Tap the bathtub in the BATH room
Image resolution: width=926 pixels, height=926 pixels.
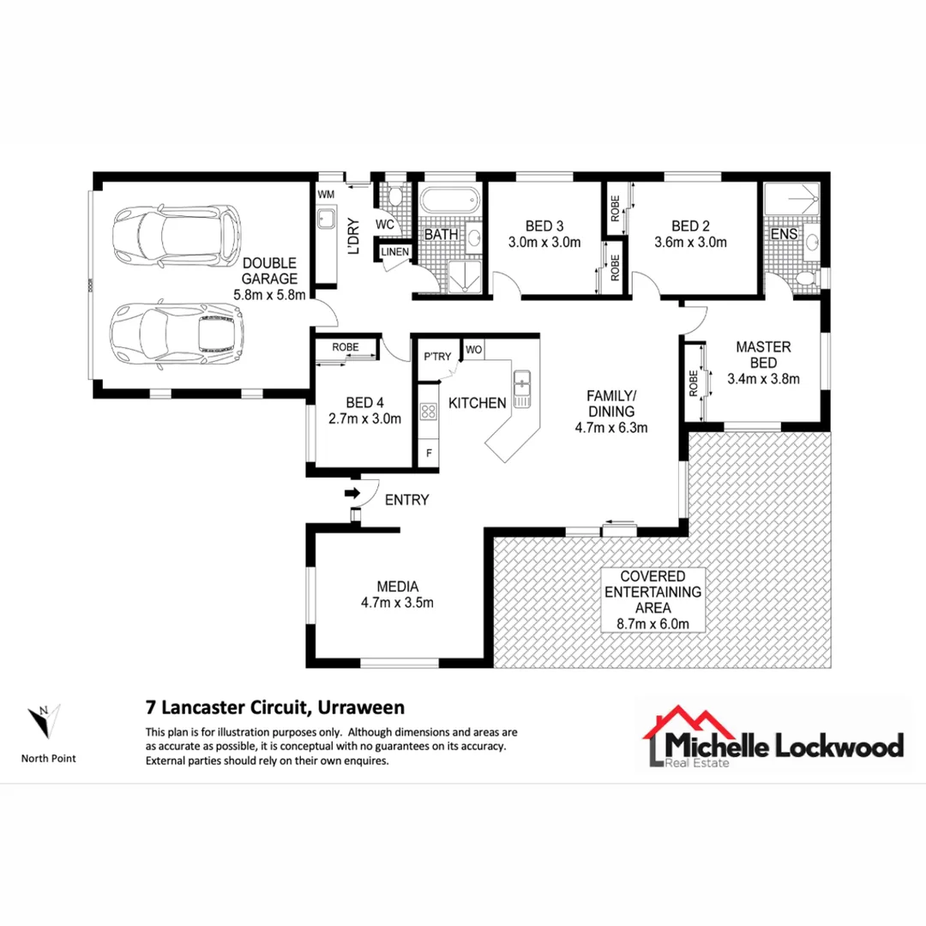pos(449,202)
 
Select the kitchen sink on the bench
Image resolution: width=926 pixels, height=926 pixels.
pos(521,388)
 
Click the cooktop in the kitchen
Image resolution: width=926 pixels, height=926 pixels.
pos(427,412)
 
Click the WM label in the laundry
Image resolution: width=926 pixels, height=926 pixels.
pos(326,195)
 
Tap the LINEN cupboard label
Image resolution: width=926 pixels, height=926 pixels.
pos(395,252)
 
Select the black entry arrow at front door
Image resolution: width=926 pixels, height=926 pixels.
pos(352,493)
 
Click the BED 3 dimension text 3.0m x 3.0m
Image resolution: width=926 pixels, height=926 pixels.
pos(544,242)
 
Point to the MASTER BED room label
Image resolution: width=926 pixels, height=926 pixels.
pos(763,355)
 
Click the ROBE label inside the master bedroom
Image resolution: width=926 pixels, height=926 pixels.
pos(692,383)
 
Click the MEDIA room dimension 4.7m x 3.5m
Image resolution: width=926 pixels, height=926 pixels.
pos(398,603)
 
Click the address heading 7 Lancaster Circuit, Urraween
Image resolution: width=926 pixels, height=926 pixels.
pos(274,708)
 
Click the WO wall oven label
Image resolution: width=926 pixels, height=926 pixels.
pos(473,350)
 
